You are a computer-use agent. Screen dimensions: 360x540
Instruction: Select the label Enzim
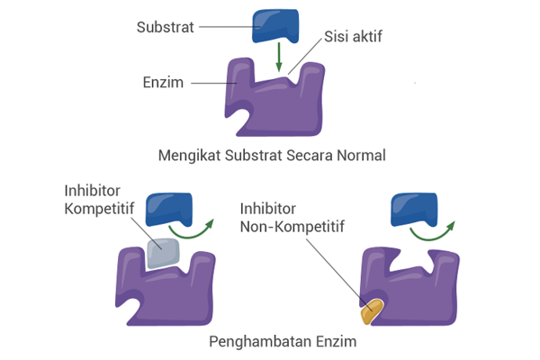pos(162,83)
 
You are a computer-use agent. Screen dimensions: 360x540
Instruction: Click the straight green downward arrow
pos(280,57)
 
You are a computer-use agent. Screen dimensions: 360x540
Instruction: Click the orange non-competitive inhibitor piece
pos(371,310)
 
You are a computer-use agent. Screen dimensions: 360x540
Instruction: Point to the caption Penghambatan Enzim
pos(276,343)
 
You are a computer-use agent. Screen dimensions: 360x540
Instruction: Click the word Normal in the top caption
pos(360,155)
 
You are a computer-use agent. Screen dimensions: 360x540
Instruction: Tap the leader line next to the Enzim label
pos(213,83)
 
